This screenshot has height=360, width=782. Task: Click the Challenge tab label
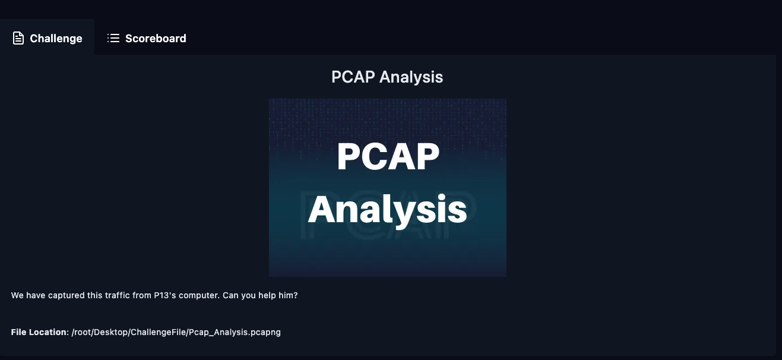coord(56,39)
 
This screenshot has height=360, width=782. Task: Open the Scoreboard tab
coord(156,39)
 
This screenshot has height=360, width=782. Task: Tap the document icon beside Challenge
coord(18,38)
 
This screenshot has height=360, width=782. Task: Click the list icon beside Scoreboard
coord(113,38)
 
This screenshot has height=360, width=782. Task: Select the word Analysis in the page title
coord(411,77)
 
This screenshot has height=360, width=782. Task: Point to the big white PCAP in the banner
coord(388,156)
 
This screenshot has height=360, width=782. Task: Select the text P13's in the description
coord(165,295)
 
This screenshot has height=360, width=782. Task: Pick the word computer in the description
coord(199,296)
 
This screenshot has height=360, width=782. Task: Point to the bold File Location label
coord(39,332)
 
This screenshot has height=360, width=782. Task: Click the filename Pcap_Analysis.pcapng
coord(235,333)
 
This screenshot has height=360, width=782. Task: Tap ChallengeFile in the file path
coord(158,333)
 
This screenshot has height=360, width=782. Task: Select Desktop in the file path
coord(110,333)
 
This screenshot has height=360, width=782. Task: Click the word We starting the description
coord(17,295)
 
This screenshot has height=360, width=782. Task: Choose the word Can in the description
coord(230,295)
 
